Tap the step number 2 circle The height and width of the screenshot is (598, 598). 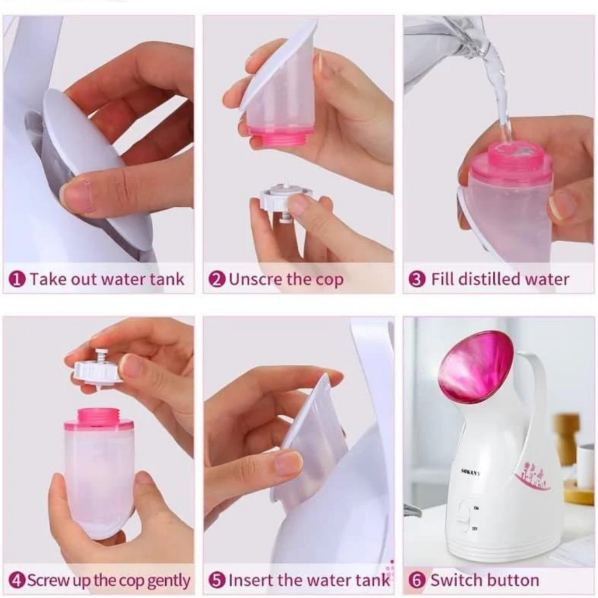pyautogui.click(x=217, y=279)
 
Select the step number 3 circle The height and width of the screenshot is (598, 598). pyautogui.click(x=417, y=279)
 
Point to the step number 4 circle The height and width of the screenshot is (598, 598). pyautogui.click(x=18, y=580)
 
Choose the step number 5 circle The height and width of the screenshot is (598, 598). pyautogui.click(x=217, y=580)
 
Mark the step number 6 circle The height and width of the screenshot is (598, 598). pyautogui.click(x=417, y=580)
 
